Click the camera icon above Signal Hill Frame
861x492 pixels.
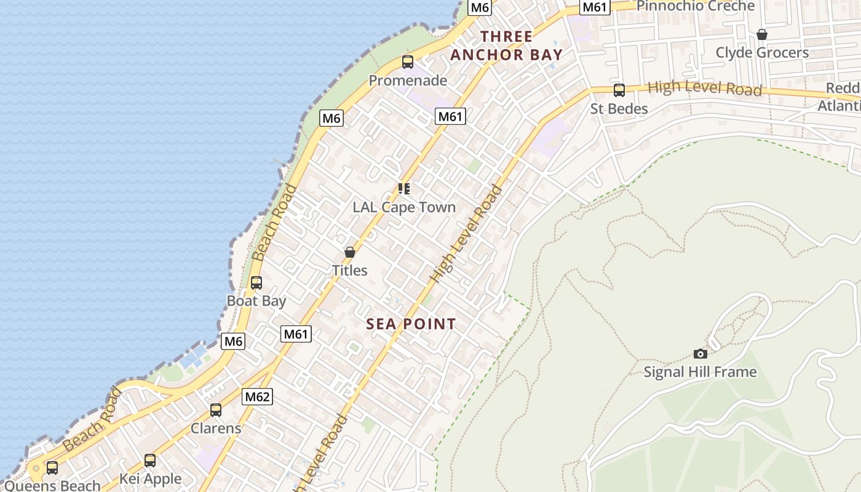click(700, 354)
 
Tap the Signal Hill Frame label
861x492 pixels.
click(700, 372)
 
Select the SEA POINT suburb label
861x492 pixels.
click(411, 324)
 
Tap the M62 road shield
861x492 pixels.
click(257, 397)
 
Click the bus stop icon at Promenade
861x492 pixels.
click(407, 61)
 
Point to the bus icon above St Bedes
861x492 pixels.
click(619, 90)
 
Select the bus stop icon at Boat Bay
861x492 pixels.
click(256, 283)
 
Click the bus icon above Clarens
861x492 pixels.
click(215, 410)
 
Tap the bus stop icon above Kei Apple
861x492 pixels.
click(150, 461)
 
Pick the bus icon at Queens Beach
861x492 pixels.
click(52, 468)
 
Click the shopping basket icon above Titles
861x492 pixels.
click(349, 252)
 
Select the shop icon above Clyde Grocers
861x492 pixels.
click(761, 34)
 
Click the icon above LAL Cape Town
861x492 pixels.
click(403, 188)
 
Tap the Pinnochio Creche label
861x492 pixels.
click(695, 6)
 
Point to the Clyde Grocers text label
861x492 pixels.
click(762, 53)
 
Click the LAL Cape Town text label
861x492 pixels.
click(404, 207)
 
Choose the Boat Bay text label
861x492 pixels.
click(256, 301)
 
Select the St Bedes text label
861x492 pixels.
click(619, 109)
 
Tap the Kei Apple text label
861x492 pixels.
click(150, 479)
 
